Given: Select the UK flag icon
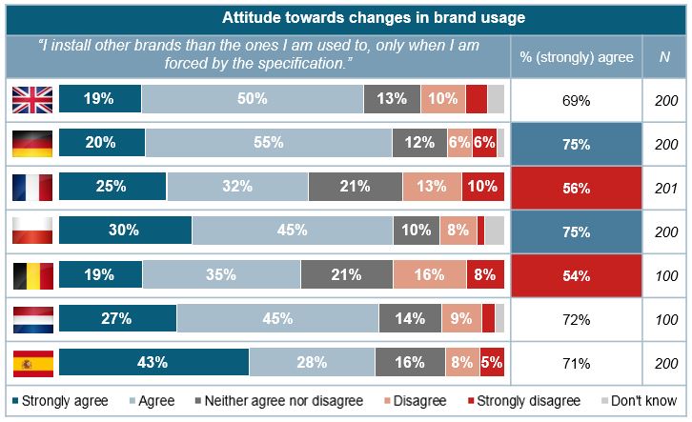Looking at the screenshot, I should [31, 99].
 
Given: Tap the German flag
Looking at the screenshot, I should [31, 143].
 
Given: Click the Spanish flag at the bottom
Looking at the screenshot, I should [31, 362].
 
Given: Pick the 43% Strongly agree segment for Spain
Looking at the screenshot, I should [153, 362].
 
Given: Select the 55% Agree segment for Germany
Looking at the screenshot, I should [268, 143].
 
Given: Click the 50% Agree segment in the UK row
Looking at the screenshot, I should [252, 99].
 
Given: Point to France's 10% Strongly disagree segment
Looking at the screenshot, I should [482, 187].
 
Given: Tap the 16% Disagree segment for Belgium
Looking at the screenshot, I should [429, 274].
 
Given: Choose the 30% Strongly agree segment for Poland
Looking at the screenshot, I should [125, 231].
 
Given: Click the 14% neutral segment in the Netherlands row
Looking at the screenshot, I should [410, 318].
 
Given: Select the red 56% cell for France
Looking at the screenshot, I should [576, 187].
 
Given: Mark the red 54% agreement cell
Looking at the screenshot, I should [576, 274].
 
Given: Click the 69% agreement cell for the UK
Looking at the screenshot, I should [576, 99].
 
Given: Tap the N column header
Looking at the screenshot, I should [664, 57].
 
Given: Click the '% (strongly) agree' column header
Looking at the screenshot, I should [576, 57].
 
